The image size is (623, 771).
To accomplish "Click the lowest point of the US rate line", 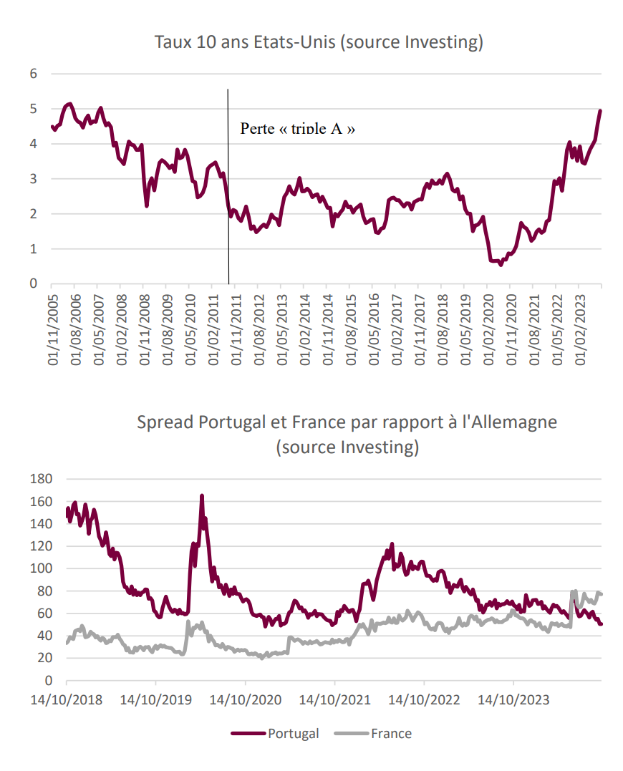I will click(501, 265).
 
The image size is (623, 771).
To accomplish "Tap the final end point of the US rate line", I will click(600, 110).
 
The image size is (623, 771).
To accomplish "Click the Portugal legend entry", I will click(276, 733).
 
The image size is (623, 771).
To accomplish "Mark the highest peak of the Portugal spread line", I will click(202, 495).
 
